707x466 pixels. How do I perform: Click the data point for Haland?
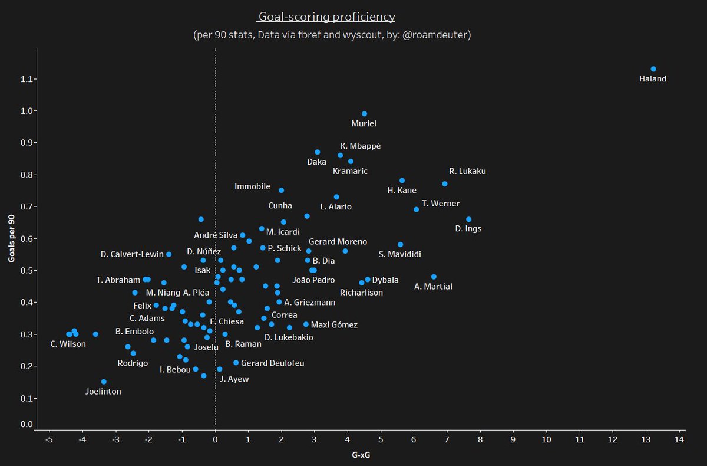pyautogui.click(x=653, y=69)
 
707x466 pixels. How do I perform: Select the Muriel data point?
pyautogui.click(x=364, y=114)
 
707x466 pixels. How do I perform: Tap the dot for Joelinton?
pyautogui.click(x=104, y=382)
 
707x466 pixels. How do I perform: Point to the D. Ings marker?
pyautogui.click(x=468, y=219)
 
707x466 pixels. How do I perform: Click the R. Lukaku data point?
pyautogui.click(x=444, y=183)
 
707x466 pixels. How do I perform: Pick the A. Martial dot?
pyautogui.click(x=434, y=277)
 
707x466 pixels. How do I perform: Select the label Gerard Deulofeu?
pyautogui.click(x=273, y=363)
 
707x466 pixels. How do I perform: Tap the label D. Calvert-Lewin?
pyautogui.click(x=132, y=254)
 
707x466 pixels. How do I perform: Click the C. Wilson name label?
pyautogui.click(x=68, y=344)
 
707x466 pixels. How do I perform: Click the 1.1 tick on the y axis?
pyautogui.click(x=26, y=79)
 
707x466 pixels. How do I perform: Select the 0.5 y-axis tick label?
pyautogui.click(x=26, y=271)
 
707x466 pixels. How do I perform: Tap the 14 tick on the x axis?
pyautogui.click(x=679, y=439)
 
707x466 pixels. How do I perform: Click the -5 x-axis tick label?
pyautogui.click(x=49, y=439)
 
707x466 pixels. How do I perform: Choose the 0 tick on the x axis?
pyautogui.click(x=215, y=439)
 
